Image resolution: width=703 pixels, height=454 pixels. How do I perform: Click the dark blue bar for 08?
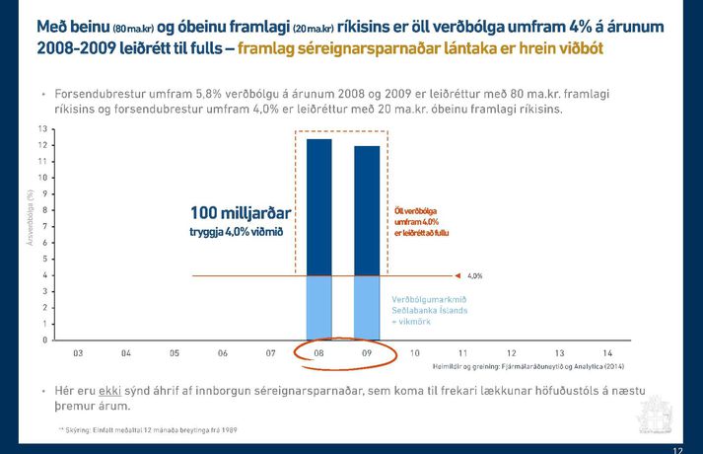pos(318,207)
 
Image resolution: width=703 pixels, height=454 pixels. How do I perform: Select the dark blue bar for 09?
pos(367,210)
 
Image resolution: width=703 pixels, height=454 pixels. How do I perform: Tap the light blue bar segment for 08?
pos(318,307)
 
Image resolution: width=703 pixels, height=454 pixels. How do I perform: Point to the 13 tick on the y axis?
pos(41,129)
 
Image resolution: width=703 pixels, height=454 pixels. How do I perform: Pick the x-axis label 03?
pos(78,352)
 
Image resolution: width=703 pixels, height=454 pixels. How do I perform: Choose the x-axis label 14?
pos(607,352)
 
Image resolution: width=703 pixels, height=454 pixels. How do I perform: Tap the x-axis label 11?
pos(462,352)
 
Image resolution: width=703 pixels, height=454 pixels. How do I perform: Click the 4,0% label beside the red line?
pos(474,276)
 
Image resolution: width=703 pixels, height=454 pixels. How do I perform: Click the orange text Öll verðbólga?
pos(414,211)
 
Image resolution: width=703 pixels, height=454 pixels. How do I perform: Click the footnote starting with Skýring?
pos(148,430)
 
